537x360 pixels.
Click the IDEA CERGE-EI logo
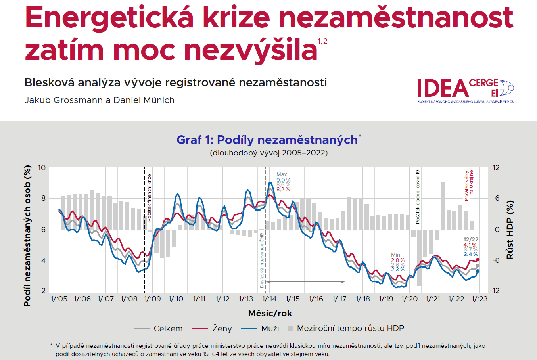[x=465, y=90]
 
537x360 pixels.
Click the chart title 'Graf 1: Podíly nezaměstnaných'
[x=267, y=140]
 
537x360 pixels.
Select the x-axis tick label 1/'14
[x=269, y=299]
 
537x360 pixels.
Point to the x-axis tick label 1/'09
[x=152, y=299]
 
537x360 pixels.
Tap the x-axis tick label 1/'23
[x=479, y=299]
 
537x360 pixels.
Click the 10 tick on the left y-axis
[x=42, y=168]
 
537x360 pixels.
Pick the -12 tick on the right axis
[x=495, y=291]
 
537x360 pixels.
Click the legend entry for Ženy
[x=212, y=329]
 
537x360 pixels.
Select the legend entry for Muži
[x=260, y=329]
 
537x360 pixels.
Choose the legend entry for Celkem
[x=158, y=329]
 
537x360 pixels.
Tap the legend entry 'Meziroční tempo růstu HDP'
[x=346, y=329]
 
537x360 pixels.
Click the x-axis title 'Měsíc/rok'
[x=270, y=314]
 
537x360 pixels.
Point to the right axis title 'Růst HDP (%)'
[x=510, y=230]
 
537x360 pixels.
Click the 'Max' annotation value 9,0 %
[x=283, y=180]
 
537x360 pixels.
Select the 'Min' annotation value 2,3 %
[x=398, y=270]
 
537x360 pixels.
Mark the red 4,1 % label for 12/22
[x=470, y=245]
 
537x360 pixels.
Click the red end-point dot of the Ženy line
[x=478, y=260]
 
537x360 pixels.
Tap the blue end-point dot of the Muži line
[x=478, y=271]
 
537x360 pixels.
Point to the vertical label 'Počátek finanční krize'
[x=150, y=197]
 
